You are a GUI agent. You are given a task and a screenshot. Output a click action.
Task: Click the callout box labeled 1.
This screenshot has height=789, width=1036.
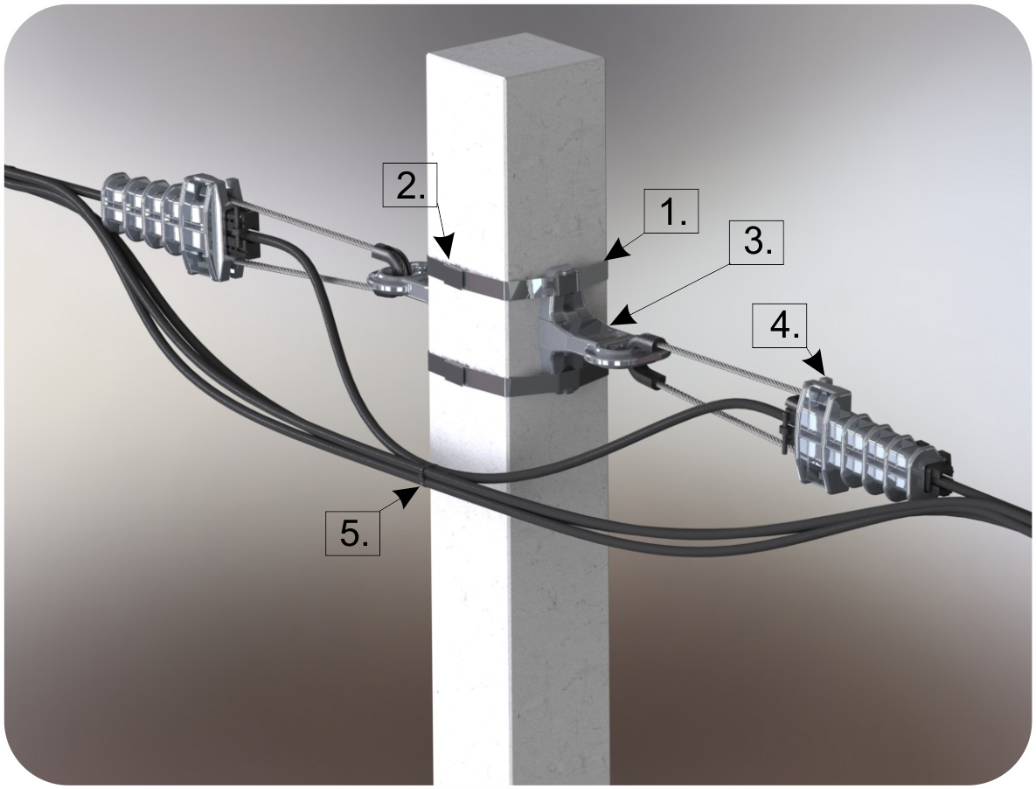click(671, 212)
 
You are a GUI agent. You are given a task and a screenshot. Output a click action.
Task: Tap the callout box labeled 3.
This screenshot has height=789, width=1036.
click(756, 242)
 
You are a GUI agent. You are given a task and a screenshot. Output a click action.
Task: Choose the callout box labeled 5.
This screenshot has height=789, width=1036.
click(353, 533)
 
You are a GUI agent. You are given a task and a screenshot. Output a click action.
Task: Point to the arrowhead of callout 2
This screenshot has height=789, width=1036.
click(448, 248)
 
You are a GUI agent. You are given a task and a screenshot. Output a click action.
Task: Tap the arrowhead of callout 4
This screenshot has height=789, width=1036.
click(819, 367)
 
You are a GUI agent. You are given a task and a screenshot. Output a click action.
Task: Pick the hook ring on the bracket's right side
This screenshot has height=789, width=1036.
click(621, 349)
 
